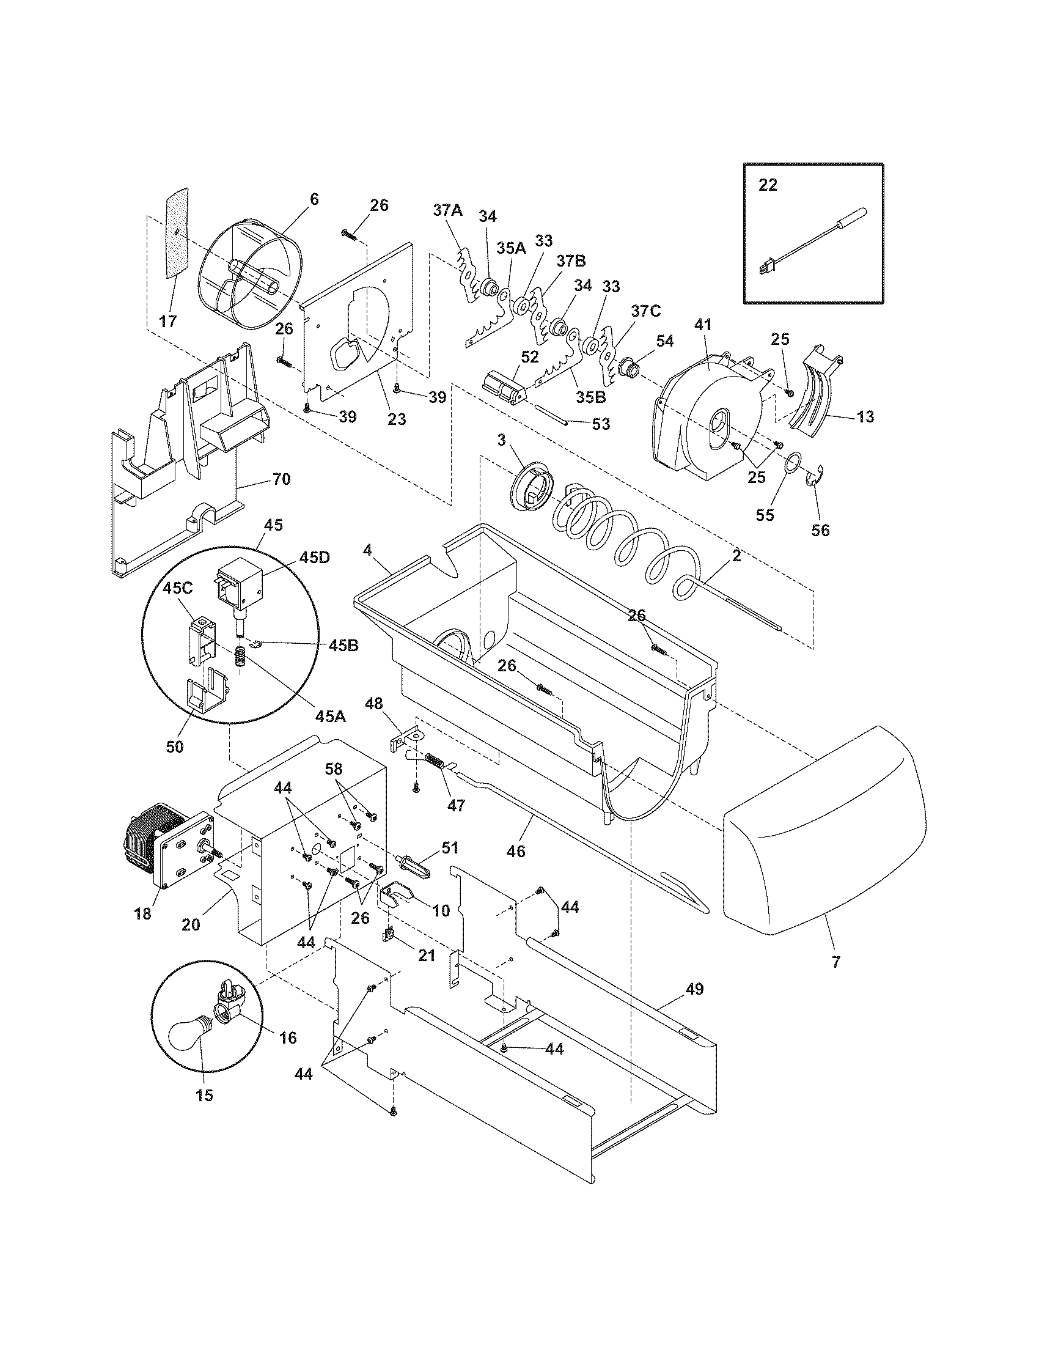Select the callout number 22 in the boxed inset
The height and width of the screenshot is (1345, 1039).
768,185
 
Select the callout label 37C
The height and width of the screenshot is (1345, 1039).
644,311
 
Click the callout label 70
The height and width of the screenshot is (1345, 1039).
281,479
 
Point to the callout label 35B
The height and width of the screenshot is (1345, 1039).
590,397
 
